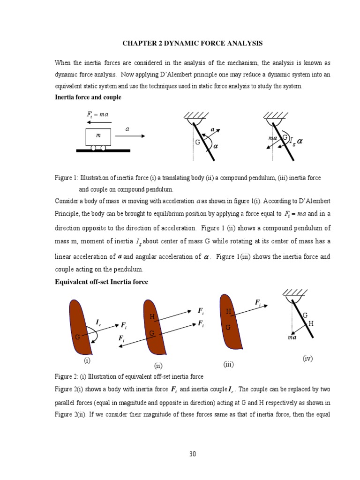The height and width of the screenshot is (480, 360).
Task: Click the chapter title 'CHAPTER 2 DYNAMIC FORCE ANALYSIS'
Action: coord(193,44)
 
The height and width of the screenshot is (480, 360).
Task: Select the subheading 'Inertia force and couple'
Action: coord(88,97)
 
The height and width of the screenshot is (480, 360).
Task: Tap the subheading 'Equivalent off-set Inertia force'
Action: coord(101,282)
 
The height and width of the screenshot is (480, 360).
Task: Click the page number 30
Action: coord(193,453)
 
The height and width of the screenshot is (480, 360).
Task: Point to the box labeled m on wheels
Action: coord(98,136)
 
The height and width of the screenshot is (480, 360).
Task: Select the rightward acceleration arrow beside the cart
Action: coord(130,136)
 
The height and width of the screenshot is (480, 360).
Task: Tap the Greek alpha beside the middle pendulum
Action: coord(216,146)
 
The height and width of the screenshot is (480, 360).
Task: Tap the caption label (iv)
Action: coord(307,358)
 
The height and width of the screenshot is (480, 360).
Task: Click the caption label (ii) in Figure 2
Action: coord(158,365)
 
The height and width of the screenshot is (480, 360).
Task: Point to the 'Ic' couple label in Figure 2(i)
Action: coord(98,322)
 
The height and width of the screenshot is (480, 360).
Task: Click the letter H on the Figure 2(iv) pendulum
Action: coord(310,323)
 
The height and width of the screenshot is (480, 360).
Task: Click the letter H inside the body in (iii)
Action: coord(228,311)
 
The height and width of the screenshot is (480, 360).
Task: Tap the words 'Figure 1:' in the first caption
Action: coord(66,178)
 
